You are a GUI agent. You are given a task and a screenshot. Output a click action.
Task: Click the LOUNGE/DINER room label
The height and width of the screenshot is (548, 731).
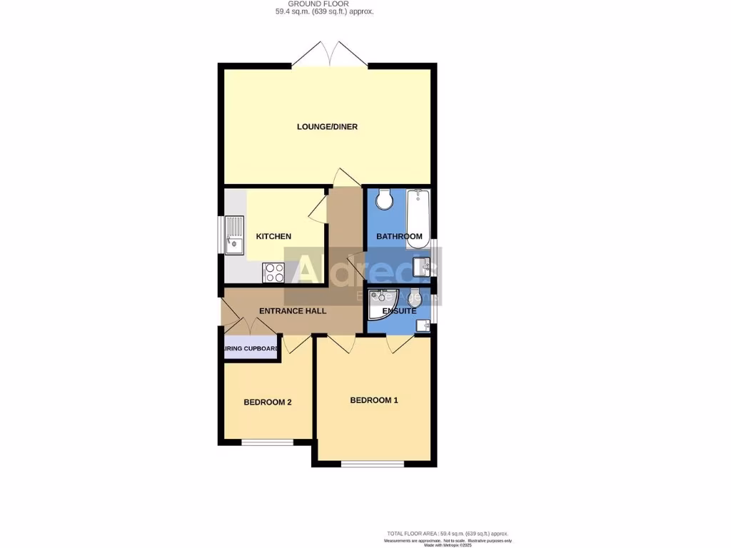[x=327, y=127]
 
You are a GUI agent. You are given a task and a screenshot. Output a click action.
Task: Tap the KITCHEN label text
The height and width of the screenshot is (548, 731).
[x=273, y=236]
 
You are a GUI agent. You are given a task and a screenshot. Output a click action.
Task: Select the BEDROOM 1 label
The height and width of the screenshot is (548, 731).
[x=373, y=400]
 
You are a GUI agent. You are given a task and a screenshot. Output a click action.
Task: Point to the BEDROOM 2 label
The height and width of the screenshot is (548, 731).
[x=267, y=402]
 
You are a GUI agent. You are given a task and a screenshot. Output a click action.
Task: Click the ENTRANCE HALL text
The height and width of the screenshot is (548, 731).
[x=292, y=311]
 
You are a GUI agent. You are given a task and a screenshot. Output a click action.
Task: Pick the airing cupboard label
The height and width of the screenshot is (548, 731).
[x=250, y=349]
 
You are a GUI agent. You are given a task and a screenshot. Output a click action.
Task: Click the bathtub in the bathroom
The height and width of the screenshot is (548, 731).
[x=418, y=219]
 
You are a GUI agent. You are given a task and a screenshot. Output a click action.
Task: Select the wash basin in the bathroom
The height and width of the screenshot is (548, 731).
[x=426, y=267]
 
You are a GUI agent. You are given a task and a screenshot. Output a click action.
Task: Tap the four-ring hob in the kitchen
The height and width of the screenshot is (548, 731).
[x=273, y=272]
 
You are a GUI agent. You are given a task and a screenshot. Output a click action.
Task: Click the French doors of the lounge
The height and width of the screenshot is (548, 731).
[x=330, y=55]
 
